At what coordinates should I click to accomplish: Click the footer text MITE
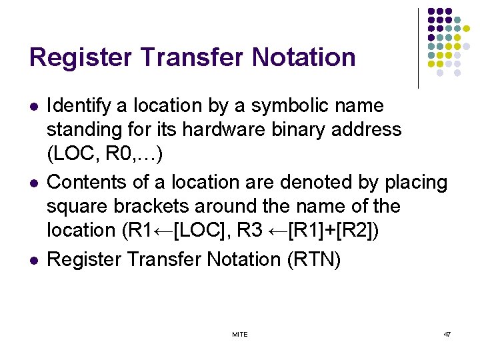(239, 334)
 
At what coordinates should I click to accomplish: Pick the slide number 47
(447, 334)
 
